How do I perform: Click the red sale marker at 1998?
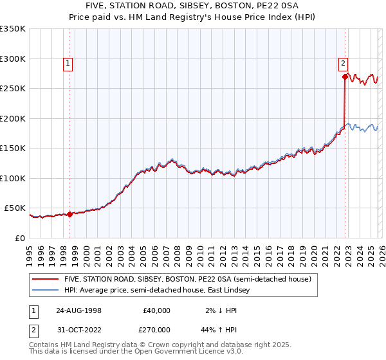coord(70,215)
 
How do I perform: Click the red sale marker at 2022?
coord(345,77)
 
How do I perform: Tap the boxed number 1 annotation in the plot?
coord(68,63)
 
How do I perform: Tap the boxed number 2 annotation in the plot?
coord(344,63)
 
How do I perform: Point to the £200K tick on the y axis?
coord(13,118)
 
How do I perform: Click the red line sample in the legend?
coord(45,279)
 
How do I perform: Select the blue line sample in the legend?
coord(45,291)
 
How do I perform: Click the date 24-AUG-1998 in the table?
coord(78,310)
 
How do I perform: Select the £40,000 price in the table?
coord(156,310)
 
